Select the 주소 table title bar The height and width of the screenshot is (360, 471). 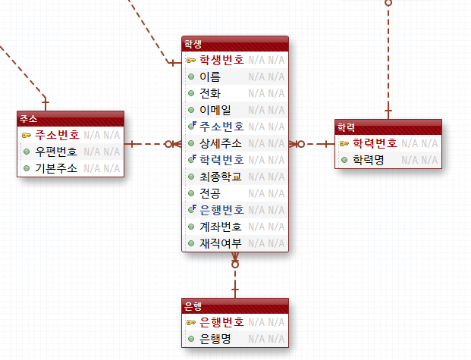(x=71, y=119)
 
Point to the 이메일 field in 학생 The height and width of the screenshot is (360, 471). (x=215, y=110)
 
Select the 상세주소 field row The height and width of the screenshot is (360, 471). (x=221, y=143)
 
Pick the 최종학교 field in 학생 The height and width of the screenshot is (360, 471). (x=221, y=177)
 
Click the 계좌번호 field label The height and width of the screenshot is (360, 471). (x=221, y=227)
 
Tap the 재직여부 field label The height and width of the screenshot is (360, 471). (x=221, y=243)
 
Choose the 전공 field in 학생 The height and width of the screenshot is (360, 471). (x=209, y=193)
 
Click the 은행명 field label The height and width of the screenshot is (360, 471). (x=215, y=339)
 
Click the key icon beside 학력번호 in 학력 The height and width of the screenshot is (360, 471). (x=344, y=143)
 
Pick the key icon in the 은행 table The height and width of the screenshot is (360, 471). (x=191, y=322)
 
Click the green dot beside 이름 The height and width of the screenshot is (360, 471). (x=191, y=77)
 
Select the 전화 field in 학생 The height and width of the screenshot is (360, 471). (x=209, y=93)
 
